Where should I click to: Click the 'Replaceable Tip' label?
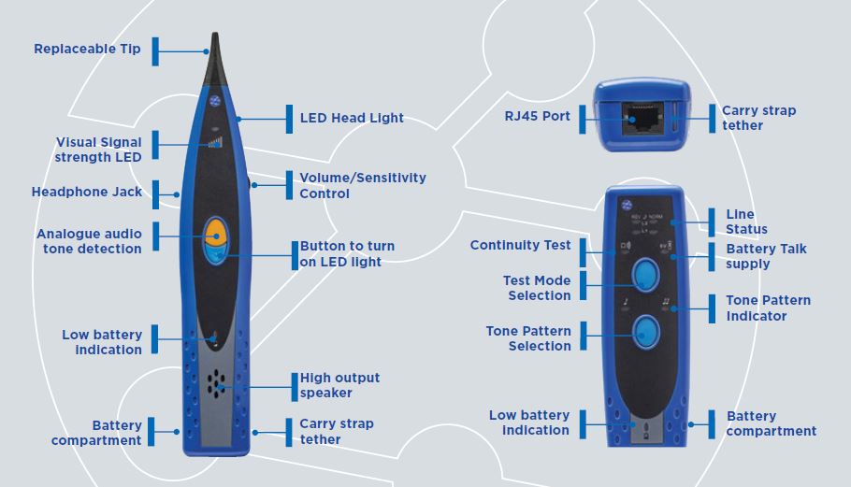87,49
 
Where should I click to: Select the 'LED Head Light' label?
352,119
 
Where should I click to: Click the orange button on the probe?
215,231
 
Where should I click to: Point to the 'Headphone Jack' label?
87,192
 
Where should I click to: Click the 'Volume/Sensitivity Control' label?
362,185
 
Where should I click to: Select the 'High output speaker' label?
339,385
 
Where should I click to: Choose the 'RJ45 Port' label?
531,117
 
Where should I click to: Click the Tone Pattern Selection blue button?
643,330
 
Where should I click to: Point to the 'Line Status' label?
746,222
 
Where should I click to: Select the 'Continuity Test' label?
520,245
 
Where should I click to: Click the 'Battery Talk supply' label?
766,256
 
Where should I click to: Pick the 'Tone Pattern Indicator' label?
768,308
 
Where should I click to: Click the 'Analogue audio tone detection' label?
89,241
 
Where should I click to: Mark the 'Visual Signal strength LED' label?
98,150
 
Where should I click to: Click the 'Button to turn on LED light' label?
347,253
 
